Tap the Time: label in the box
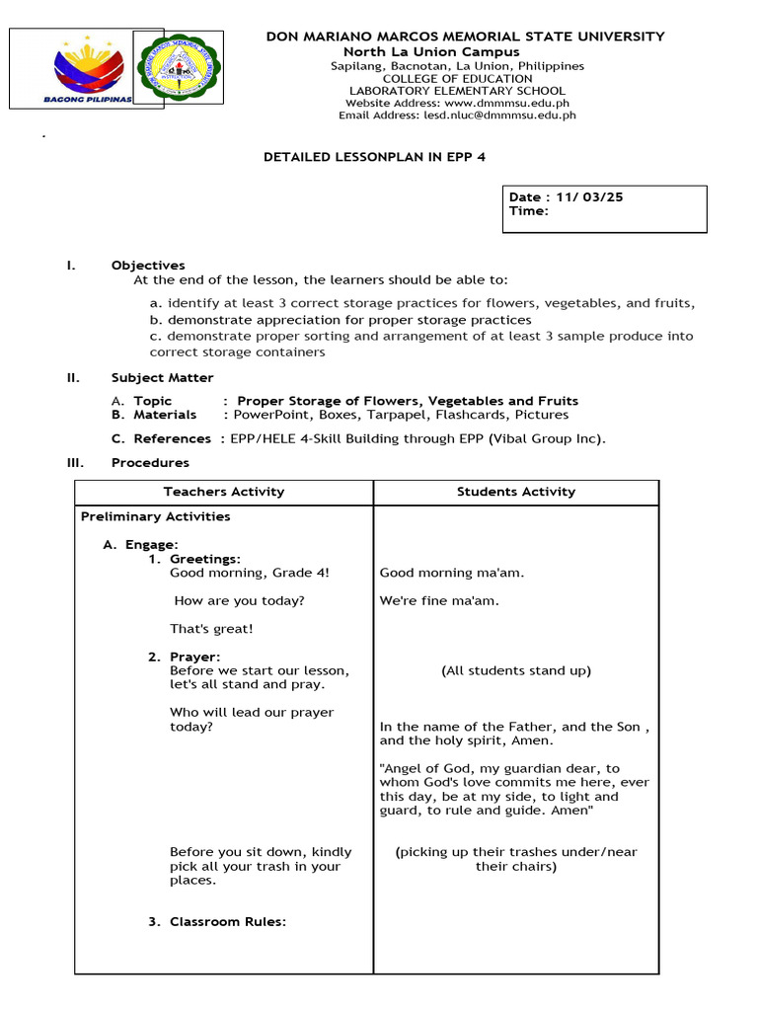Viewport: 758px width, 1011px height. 528,210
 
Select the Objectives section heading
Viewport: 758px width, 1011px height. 148,265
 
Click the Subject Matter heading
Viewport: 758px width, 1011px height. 162,377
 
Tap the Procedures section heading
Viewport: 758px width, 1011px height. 150,462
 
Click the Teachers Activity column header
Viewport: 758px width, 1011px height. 224,492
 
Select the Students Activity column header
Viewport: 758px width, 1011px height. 515,492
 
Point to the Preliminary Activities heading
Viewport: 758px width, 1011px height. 155,516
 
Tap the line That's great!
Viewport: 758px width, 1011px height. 211,629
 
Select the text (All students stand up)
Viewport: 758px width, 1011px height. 515,670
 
